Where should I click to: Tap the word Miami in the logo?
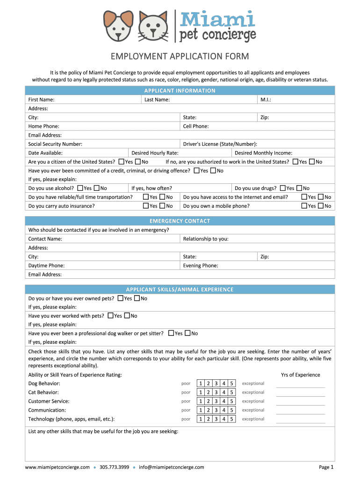click(217, 20)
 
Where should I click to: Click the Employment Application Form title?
click(180, 57)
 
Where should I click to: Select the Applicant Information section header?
click(180, 91)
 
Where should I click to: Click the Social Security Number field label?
click(55, 144)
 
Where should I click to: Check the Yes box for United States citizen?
click(122, 162)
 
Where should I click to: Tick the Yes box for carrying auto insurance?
click(146, 206)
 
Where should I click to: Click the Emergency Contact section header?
click(180, 221)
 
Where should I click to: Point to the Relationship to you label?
click(206, 239)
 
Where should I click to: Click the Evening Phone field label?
click(201, 266)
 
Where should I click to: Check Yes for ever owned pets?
click(121, 298)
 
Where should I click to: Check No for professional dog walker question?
click(187, 333)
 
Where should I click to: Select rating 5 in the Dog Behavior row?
click(231, 384)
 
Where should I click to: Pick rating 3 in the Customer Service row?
click(216, 401)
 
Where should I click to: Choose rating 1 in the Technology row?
click(201, 419)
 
